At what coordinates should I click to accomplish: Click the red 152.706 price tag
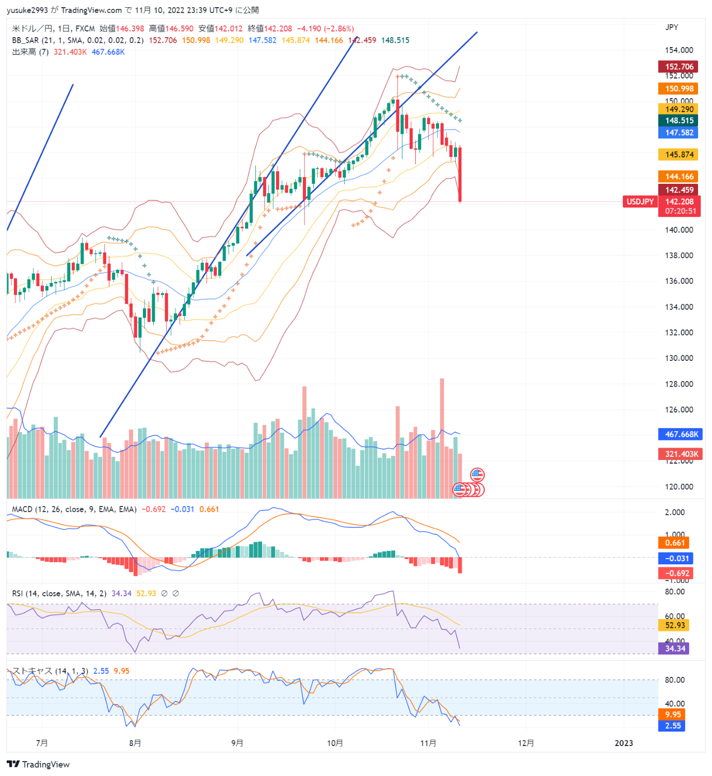[678, 67]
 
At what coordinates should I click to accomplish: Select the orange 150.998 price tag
[678, 89]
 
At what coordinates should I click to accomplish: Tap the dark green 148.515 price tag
[678, 120]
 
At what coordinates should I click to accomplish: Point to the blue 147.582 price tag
[678, 133]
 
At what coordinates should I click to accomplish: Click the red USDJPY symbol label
[640, 202]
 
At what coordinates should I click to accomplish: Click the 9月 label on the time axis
[237, 743]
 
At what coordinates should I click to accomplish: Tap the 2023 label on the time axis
[624, 743]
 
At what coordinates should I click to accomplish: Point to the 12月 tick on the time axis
[526, 743]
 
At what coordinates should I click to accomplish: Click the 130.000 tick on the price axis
[678, 358]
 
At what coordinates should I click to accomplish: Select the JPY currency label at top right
[672, 27]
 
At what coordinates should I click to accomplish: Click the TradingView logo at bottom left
[38, 764]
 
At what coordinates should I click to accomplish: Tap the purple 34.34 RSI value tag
[675, 648]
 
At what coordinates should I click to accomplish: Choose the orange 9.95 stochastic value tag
[673, 715]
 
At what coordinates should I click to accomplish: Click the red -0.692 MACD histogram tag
[677, 573]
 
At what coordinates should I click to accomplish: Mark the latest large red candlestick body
[460, 175]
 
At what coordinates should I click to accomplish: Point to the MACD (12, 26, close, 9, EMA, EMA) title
[74, 510]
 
